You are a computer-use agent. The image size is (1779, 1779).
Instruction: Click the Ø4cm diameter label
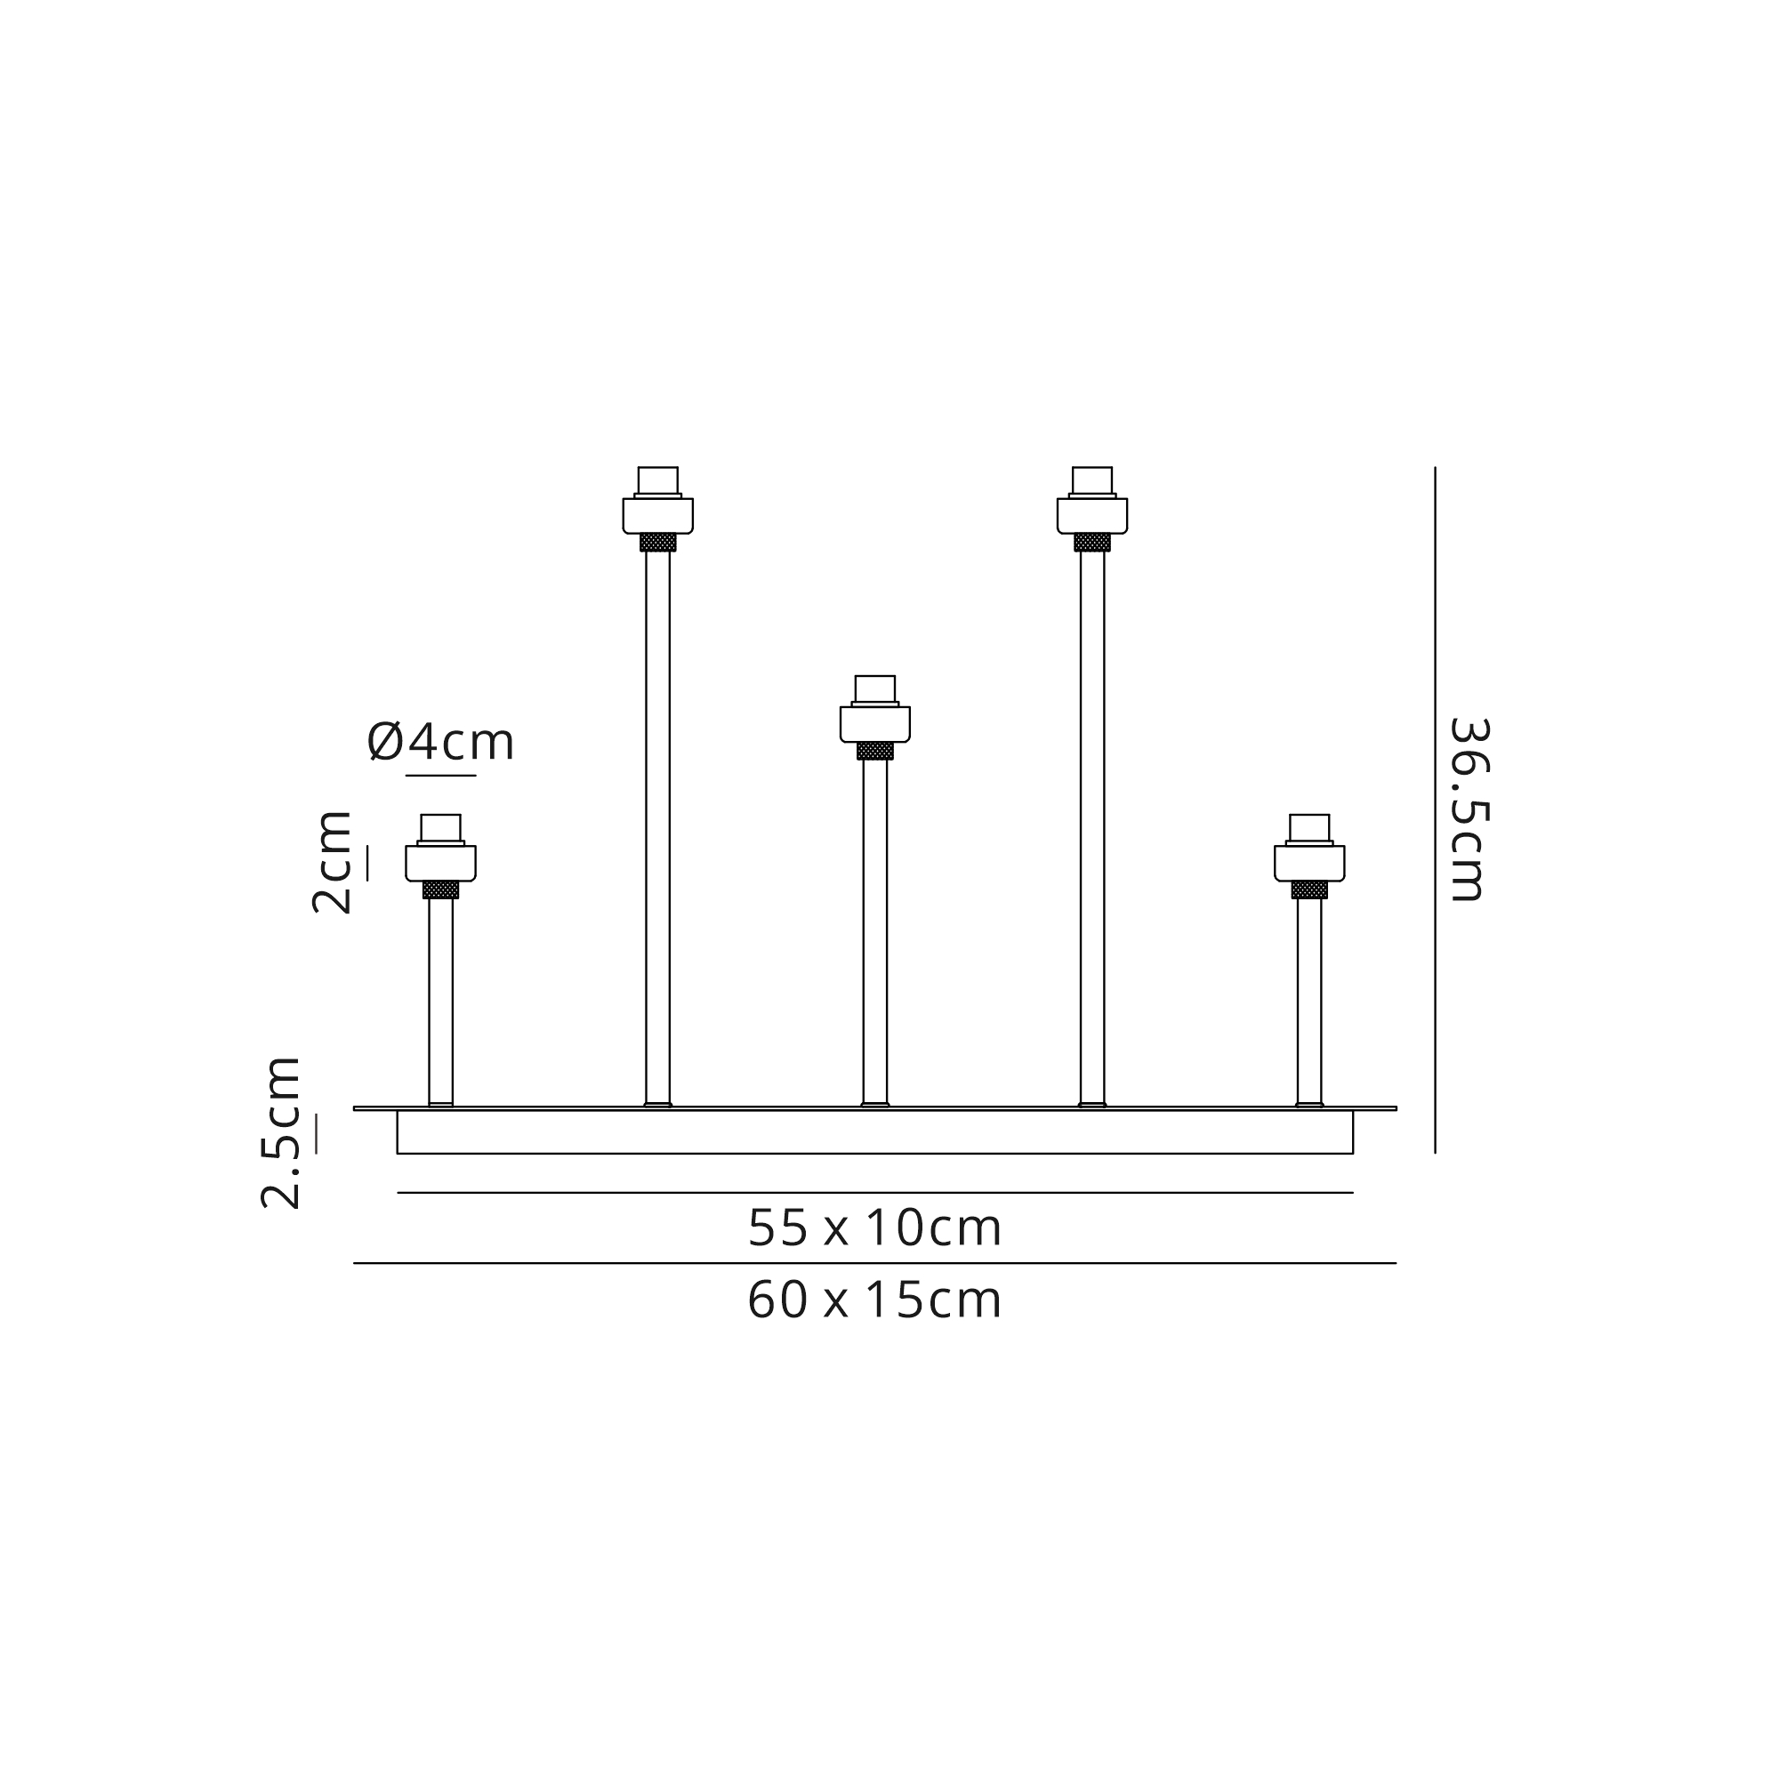440,742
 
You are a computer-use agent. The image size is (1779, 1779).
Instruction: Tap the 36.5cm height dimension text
1469,809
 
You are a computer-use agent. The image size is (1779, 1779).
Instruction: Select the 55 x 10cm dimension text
873,1228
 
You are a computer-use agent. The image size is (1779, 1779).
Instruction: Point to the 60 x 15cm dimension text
873,1301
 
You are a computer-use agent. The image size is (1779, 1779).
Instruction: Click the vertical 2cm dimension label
332,862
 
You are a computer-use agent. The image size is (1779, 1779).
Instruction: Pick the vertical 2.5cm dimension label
281,1132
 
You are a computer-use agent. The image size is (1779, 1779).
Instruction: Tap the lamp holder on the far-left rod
440,848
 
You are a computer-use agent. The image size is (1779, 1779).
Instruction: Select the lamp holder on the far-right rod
1309,848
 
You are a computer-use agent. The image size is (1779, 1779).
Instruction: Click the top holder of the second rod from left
657,500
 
